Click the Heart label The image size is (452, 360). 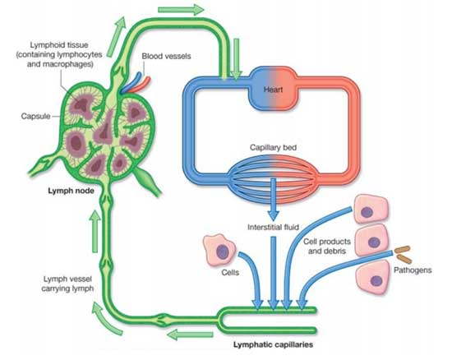pos(273,90)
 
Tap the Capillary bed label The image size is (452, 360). pos(273,148)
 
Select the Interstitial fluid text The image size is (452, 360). pos(273,227)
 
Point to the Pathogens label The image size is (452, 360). pos(413,270)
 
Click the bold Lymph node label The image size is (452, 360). pos(71,191)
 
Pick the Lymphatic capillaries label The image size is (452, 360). pos(273,344)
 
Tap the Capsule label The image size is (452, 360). pos(35,116)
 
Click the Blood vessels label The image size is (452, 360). pos(166,56)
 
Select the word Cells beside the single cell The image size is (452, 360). pos(230,272)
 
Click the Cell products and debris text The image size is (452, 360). pos(327,246)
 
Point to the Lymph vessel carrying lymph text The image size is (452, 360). pos(67,284)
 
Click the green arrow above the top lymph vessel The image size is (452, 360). pos(181,10)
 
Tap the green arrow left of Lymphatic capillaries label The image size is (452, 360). pos(190,335)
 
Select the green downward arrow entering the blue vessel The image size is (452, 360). pos(237,59)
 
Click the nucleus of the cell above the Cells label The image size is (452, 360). pos(223,252)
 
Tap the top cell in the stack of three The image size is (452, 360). pos(370,209)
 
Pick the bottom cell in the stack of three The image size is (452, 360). pos(373,277)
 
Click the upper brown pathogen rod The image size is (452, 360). pos(402,249)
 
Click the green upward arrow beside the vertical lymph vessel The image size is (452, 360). pos(95,232)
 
